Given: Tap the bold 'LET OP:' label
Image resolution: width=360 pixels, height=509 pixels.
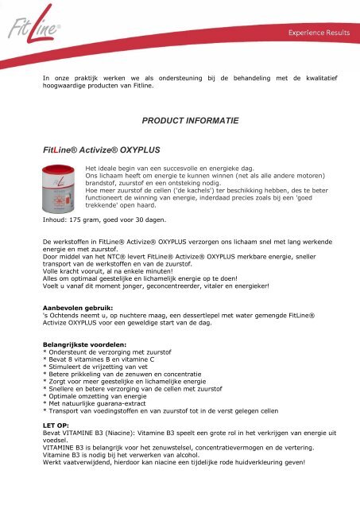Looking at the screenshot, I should click(56, 426).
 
